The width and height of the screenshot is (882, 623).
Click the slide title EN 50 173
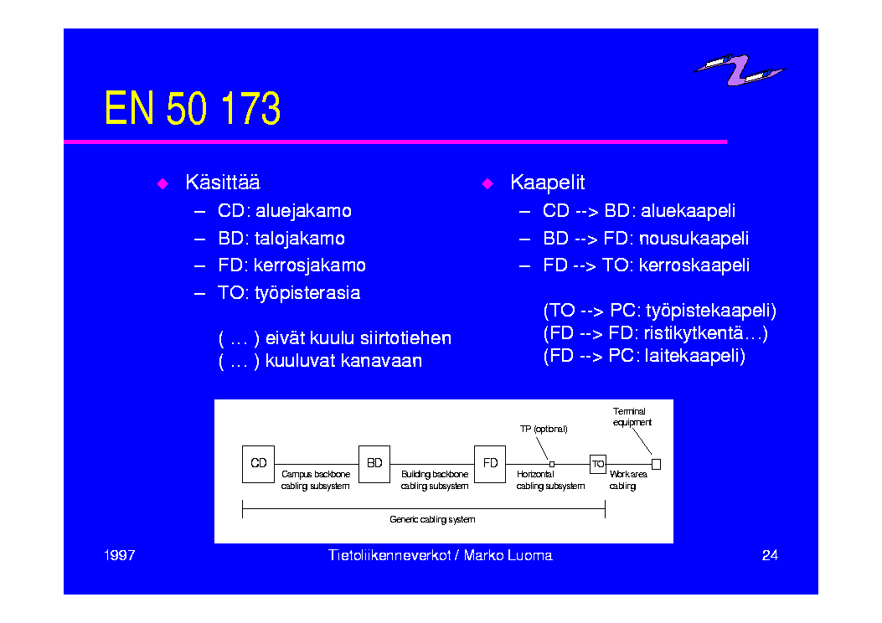193,108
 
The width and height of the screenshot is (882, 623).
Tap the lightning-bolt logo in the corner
740,70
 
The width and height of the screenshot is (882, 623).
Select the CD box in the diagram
258,464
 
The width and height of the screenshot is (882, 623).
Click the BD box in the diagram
374,464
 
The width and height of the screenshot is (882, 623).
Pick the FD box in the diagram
490,464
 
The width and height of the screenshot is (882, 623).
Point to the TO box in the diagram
598,464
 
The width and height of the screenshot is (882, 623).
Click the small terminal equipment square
656,464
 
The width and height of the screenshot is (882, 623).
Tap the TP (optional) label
544,429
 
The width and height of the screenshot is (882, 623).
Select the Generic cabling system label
432,519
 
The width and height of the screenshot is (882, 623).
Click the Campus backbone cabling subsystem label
316,480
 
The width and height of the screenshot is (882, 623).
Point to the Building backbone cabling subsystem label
434,480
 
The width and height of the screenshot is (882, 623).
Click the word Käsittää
223,183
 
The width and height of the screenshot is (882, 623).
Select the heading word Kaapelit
547,183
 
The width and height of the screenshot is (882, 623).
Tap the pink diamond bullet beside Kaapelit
487,184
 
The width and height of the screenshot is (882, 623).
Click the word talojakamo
299,239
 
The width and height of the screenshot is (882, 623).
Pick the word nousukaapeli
694,239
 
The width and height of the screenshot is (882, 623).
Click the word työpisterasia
307,293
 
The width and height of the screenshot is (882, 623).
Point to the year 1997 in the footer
119,555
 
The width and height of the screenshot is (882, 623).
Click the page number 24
770,555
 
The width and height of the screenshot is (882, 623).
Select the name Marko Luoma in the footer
508,555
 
